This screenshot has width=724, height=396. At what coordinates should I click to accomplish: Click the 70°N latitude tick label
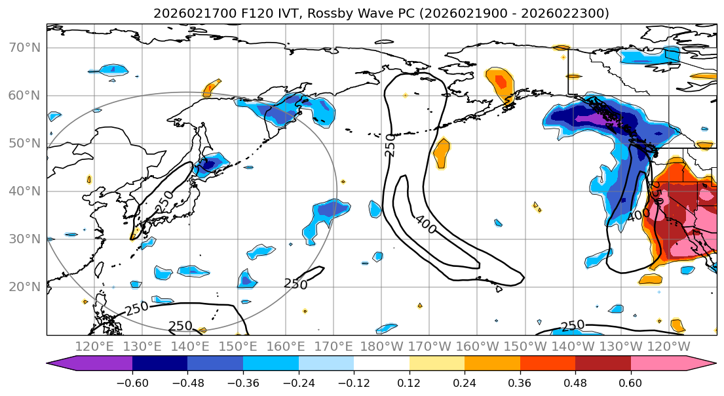[24, 48]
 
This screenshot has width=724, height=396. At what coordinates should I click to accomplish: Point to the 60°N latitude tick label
[24, 96]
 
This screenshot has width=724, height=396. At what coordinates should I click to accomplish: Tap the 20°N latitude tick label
[24, 287]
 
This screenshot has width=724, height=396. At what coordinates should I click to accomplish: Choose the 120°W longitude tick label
[669, 346]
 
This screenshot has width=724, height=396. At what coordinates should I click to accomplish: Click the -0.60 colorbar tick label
[132, 382]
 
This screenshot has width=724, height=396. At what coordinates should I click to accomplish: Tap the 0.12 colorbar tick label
[409, 382]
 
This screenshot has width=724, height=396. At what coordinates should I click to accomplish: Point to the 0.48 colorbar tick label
[575, 382]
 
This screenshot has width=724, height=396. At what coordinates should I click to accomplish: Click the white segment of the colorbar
[381, 365]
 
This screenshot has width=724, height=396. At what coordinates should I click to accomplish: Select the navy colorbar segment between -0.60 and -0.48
[160, 365]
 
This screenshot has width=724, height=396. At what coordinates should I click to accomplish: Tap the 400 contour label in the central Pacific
[425, 224]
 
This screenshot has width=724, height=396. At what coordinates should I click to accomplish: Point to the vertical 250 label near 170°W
[391, 145]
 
